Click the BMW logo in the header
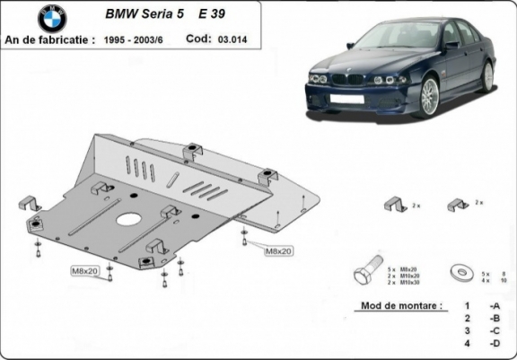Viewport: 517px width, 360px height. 52,17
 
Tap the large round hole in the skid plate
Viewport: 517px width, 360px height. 130,220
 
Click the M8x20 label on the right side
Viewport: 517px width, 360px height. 278,250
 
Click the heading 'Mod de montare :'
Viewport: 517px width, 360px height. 401,306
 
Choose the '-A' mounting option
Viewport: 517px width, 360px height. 494,306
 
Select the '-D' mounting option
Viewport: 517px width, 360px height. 494,344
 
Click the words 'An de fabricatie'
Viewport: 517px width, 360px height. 49,40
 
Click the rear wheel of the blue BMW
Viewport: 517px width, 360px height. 489,76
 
